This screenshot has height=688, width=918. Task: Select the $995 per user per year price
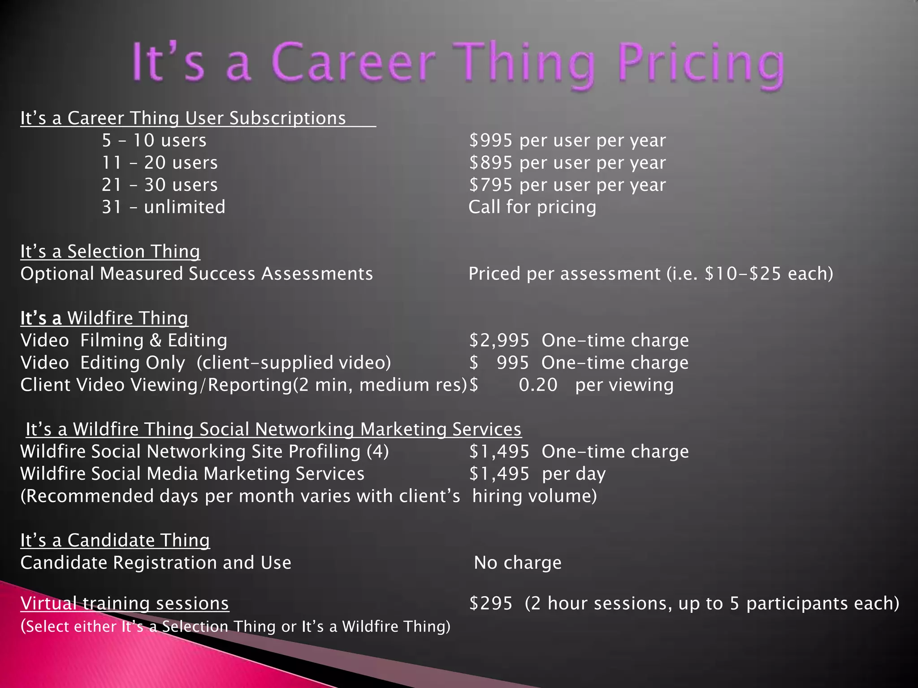pos(567,141)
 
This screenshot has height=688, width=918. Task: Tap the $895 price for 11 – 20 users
pos(491,163)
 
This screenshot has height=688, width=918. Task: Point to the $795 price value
pos(491,185)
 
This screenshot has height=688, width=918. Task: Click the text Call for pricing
pos(532,207)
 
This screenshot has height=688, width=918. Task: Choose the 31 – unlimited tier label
pos(163,207)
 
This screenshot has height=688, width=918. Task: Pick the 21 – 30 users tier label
pos(160,185)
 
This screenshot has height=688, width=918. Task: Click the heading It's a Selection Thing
pos(110,252)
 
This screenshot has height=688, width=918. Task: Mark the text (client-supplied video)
pos(294,363)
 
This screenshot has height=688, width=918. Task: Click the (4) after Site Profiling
pos(377,451)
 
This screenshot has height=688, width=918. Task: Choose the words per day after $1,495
pos(574,474)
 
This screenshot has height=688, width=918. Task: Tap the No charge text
pos(518,563)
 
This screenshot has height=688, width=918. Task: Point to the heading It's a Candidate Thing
pos(115,541)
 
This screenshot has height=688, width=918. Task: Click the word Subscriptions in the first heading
pos(287,118)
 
